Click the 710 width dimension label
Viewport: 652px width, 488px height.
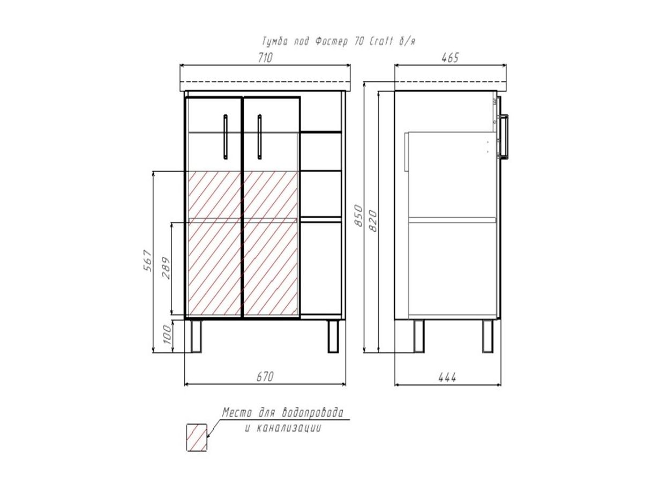click(265, 58)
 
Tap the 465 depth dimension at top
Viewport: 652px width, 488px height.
click(450, 58)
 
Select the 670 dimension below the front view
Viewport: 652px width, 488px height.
click(265, 376)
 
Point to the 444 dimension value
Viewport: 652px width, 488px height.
click(447, 378)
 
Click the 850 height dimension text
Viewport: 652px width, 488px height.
click(359, 216)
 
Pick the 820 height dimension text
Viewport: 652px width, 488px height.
click(372, 221)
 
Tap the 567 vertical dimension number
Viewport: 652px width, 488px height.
click(148, 260)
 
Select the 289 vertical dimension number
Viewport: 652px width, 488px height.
click(166, 268)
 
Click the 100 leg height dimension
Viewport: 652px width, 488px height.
click(167, 334)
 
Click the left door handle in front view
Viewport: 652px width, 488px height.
click(225, 137)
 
